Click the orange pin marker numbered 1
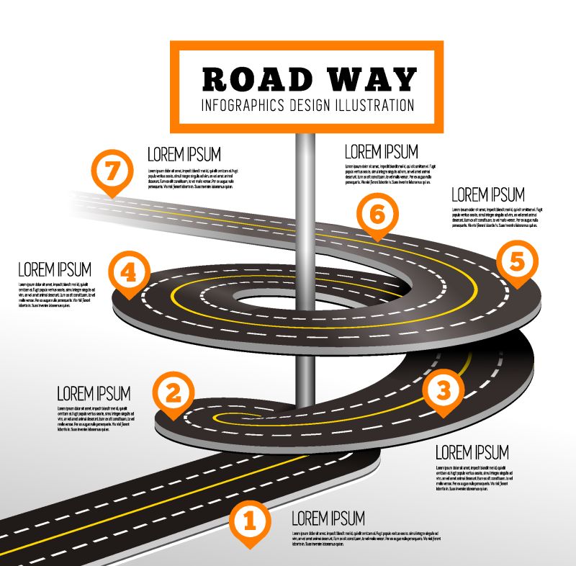coord(249,521)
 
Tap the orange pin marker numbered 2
coord(174,393)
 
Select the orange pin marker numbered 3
coord(444,390)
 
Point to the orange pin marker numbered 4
coord(129,273)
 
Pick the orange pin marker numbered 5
coord(516,262)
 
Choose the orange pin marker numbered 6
coord(375,213)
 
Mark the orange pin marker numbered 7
coord(112,172)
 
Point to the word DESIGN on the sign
coord(310,104)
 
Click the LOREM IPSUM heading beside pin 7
coord(184,154)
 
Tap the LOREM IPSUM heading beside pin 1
coord(328,518)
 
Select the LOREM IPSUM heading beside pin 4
coord(55,269)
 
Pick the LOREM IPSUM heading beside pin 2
coord(94,393)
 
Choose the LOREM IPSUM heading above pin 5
coord(488,194)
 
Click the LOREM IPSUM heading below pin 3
coord(472,452)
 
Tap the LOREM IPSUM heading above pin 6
coord(382,152)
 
